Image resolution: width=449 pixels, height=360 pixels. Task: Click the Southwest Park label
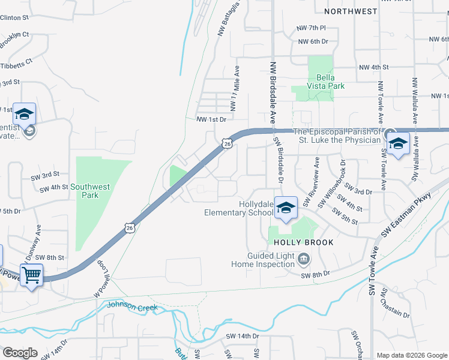pyautogui.click(x=90, y=191)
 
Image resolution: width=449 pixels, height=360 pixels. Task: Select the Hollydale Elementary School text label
pyautogui.click(x=239, y=208)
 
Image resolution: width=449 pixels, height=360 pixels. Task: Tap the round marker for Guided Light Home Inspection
pyautogui.click(x=304, y=259)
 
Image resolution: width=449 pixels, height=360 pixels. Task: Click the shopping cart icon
pyautogui.click(x=31, y=275)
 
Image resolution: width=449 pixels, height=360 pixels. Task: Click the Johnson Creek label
pyautogui.click(x=132, y=306)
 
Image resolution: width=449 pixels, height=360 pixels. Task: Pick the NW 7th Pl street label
pyautogui.click(x=311, y=28)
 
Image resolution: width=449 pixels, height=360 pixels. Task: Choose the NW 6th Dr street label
pyautogui.click(x=313, y=41)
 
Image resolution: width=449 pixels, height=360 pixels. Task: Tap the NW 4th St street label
pyautogui.click(x=372, y=67)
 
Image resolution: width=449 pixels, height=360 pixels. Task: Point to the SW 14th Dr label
pyautogui.click(x=242, y=337)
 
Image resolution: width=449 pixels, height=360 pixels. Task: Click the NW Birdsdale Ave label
pyautogui.click(x=273, y=92)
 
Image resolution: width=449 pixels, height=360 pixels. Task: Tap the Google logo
pyautogui.click(x=20, y=353)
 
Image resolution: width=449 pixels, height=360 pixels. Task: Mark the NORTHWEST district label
pyautogui.click(x=351, y=11)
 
